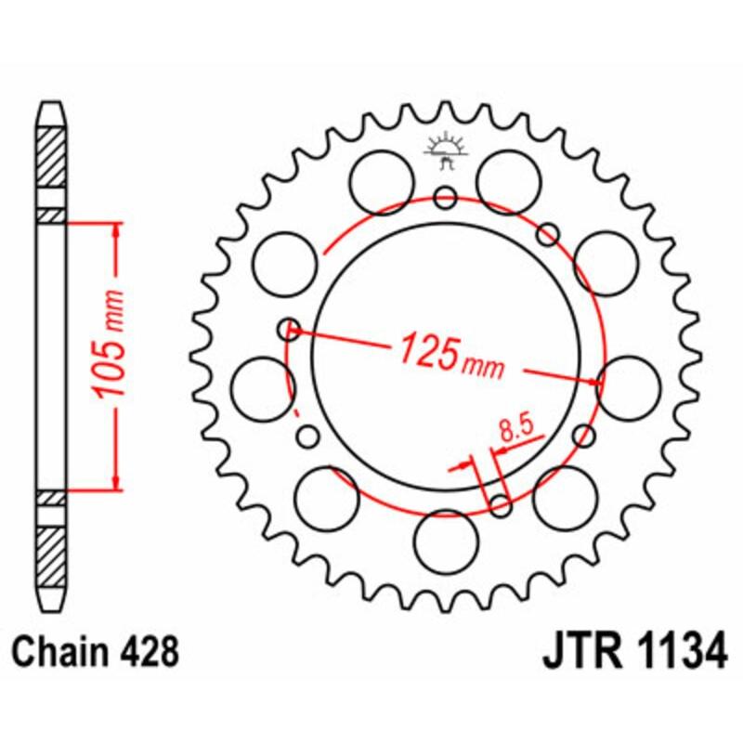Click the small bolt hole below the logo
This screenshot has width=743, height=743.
click(x=446, y=197)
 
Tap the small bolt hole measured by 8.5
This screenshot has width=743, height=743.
click(x=500, y=505)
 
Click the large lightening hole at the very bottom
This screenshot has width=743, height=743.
click(x=445, y=541)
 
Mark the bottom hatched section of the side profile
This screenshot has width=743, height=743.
click(x=52, y=553)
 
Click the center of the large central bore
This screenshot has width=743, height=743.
click(x=446, y=356)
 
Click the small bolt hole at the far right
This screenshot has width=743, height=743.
click(x=584, y=435)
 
